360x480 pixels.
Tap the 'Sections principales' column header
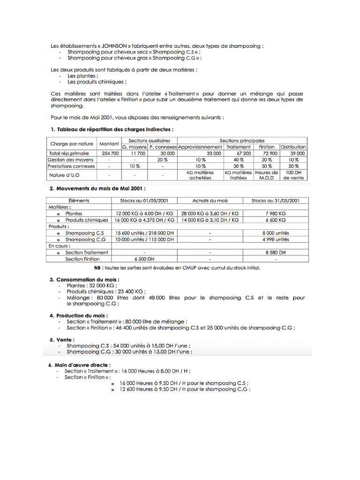click(x=242, y=141)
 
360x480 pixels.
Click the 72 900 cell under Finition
click(x=267, y=153)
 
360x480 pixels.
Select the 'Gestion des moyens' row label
click(x=71, y=160)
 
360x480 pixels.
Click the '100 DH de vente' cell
click(x=293, y=175)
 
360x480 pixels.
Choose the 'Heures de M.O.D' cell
click(x=267, y=175)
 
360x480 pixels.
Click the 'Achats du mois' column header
click(x=210, y=200)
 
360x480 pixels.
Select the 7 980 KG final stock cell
click(x=276, y=213)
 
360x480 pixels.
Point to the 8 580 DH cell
click(x=276, y=252)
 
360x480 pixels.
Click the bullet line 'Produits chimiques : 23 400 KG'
click(x=92, y=291)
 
